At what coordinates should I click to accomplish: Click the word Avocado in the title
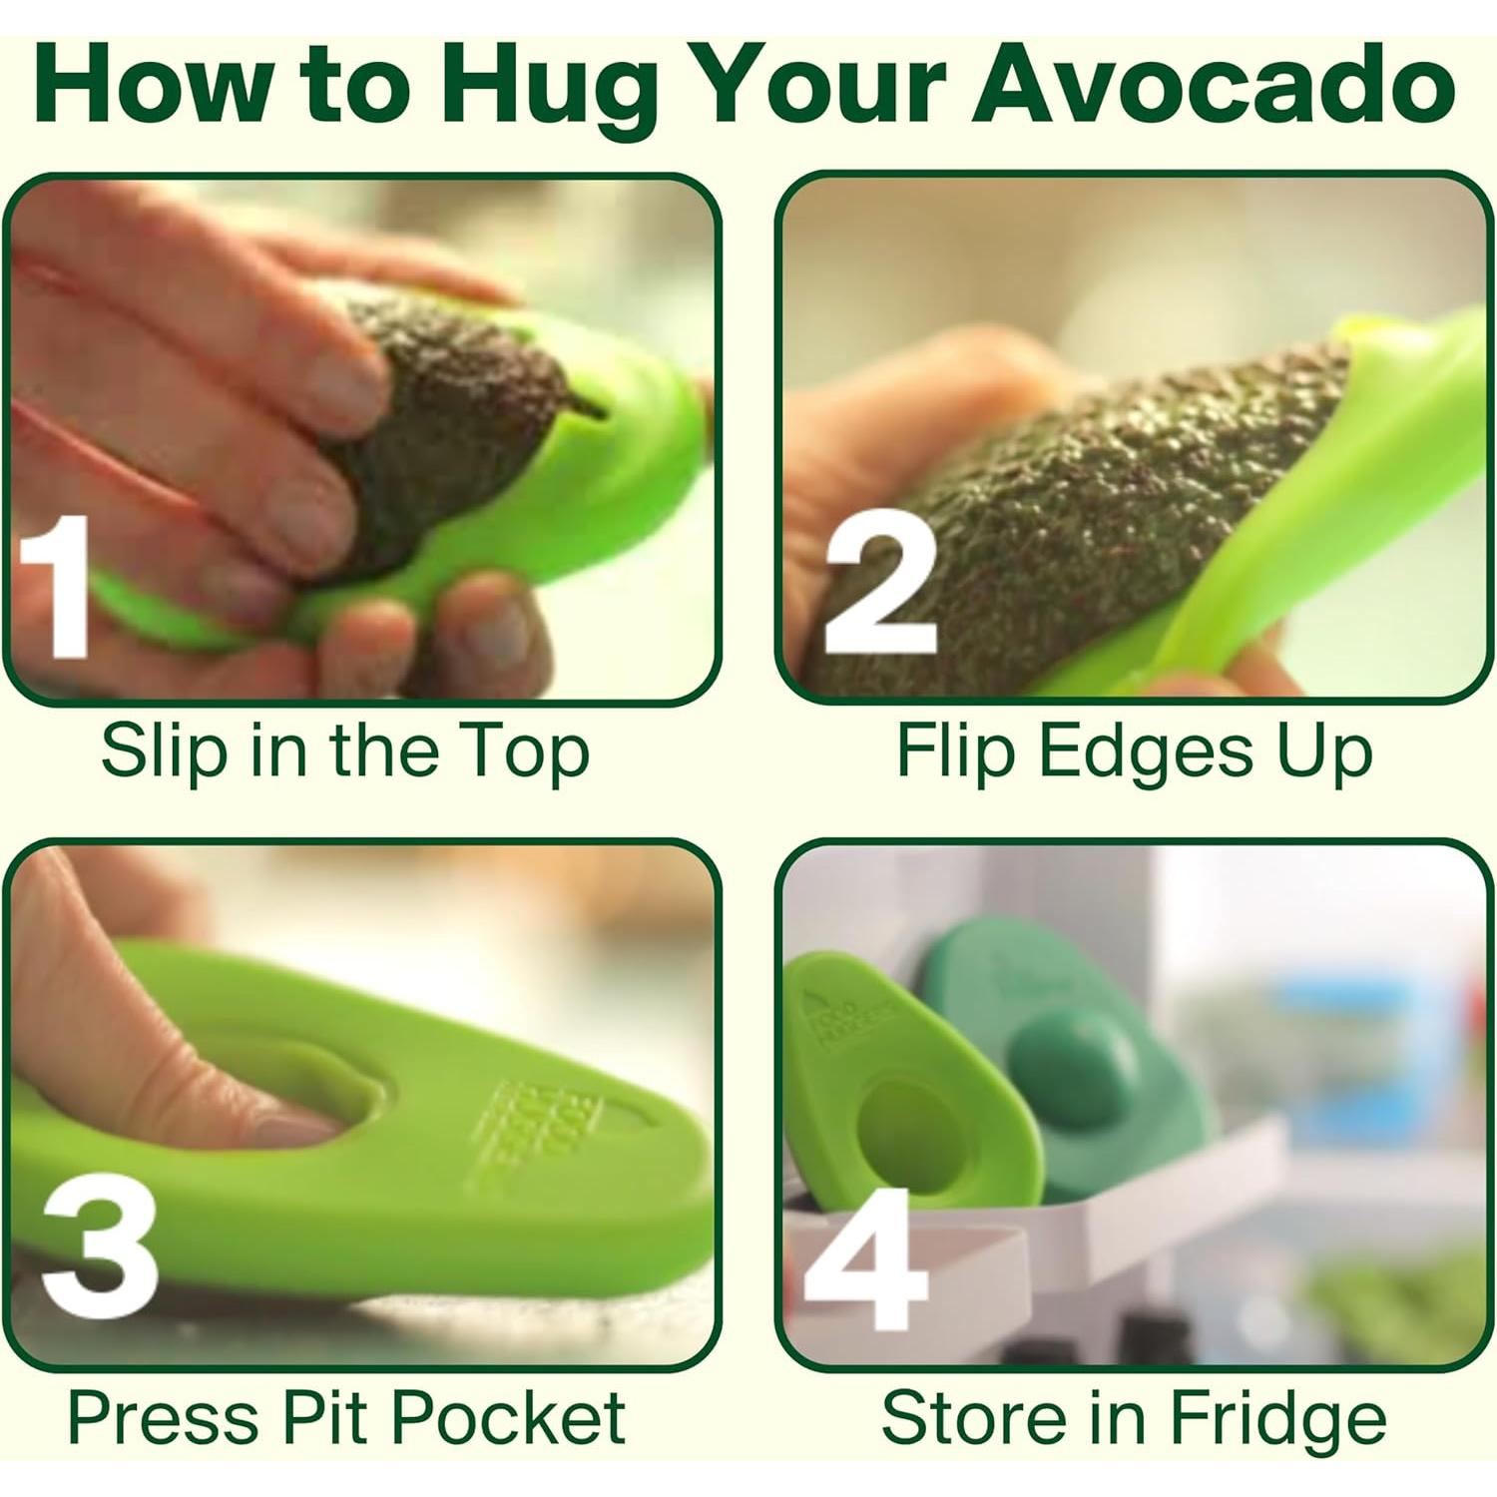coord(1214,85)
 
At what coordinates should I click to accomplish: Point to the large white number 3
coord(100,1247)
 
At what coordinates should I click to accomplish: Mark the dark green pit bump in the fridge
coord(1063,1063)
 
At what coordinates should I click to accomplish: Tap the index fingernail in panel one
coord(334,379)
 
